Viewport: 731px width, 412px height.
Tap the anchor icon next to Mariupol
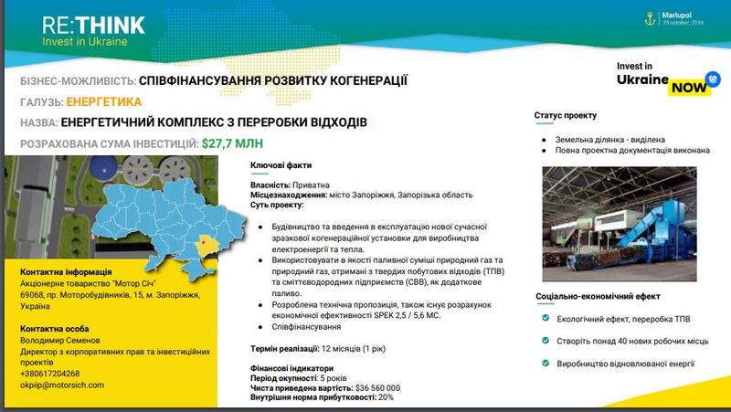click(x=651, y=16)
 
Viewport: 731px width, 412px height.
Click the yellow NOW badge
click(x=687, y=88)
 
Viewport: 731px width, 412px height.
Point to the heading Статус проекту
click(x=566, y=116)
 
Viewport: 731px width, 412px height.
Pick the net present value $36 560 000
click(x=363, y=387)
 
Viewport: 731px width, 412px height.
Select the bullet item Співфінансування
click(x=296, y=326)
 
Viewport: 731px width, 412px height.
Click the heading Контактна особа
click(x=61, y=327)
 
